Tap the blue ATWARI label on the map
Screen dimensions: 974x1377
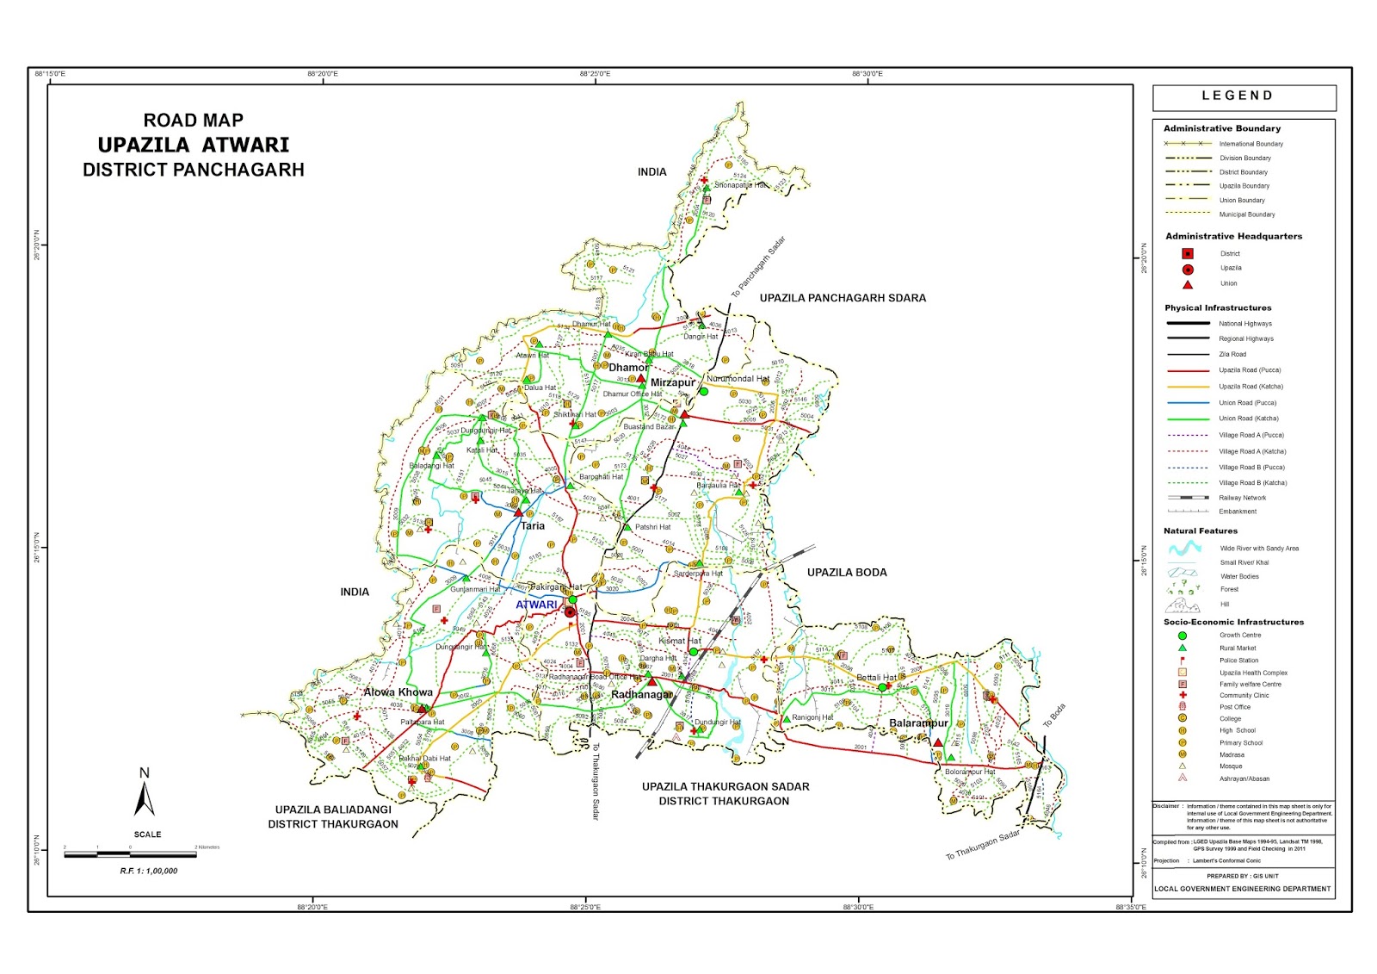[536, 605]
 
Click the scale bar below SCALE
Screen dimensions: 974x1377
[129, 855]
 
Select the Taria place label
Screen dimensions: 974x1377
[532, 526]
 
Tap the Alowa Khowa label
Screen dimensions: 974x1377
[398, 692]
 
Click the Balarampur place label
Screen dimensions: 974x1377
[918, 723]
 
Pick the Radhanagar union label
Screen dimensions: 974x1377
[641, 695]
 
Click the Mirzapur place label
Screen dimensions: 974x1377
[672, 383]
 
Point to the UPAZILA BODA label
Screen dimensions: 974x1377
[846, 573]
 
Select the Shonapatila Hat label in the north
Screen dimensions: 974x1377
[741, 185]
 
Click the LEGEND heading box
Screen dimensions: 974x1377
[1244, 96]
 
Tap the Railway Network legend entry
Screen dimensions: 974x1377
[1242, 498]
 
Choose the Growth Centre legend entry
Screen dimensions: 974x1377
[1239, 636]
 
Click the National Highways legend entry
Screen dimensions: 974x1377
[1244, 324]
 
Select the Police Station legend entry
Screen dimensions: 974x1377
[1238, 661]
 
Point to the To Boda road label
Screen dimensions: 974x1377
[1054, 716]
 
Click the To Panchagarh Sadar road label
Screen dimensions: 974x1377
[758, 268]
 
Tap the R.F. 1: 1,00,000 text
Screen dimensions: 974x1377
[149, 872]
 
